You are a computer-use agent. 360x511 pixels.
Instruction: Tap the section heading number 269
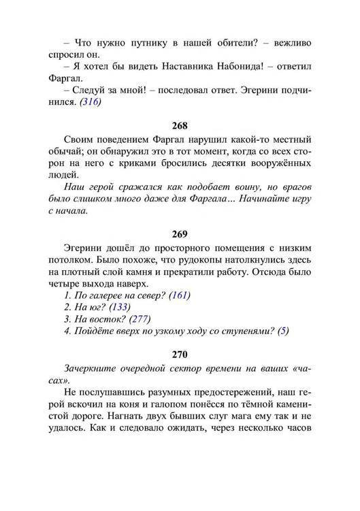(x=180, y=235)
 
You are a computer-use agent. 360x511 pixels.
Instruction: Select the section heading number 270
(x=180, y=354)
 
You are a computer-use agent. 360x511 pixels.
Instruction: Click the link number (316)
(x=90, y=102)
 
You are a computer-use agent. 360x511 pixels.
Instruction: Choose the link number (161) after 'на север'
(x=180, y=295)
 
